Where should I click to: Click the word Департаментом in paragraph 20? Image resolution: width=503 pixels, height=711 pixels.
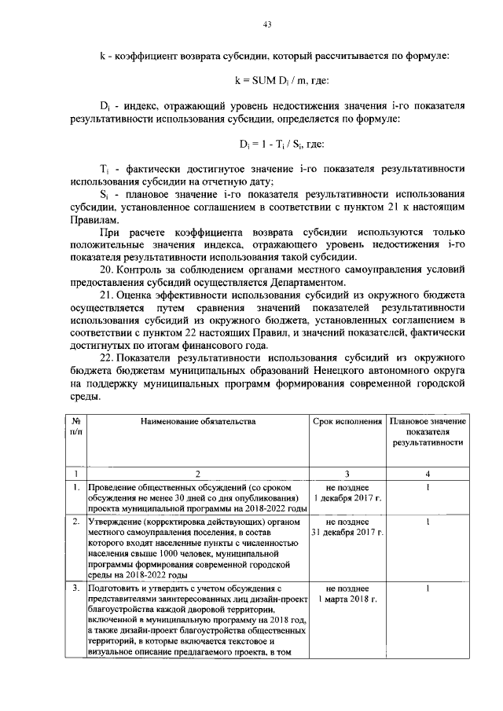tap(307, 282)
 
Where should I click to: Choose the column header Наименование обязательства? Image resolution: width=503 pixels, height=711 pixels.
tap(198, 422)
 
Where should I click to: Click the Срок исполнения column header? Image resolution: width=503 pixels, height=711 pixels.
tap(348, 422)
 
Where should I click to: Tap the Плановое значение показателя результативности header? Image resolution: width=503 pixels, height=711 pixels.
tap(427, 432)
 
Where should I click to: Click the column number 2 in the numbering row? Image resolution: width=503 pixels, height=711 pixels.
tap(198, 474)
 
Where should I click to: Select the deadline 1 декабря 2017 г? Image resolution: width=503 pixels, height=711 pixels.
tap(348, 498)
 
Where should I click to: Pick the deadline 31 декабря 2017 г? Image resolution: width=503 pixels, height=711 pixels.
tap(348, 532)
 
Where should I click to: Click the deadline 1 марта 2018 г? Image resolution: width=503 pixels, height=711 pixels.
tap(348, 599)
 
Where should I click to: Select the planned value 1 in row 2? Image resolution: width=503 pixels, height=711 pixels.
tap(427, 522)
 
